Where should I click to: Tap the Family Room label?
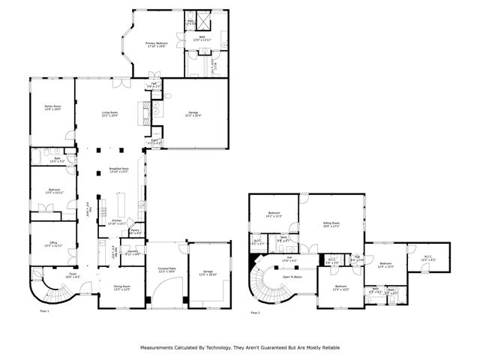point(52,107)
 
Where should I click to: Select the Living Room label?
point(110,114)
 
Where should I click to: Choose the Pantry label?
point(136,232)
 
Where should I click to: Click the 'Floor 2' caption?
point(255,312)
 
